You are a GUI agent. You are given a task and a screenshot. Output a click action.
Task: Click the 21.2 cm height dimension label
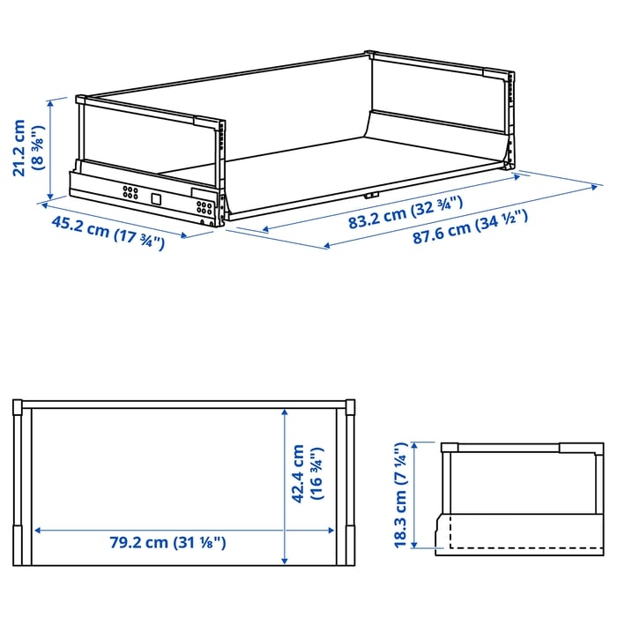[x=19, y=148]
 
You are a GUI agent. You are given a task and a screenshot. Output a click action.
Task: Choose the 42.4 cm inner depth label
[x=298, y=473]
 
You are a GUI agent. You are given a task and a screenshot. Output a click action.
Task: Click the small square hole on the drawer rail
[x=156, y=198]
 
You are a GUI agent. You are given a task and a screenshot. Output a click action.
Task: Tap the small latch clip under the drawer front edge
[x=371, y=195]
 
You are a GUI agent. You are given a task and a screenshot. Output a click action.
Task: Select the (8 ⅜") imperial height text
[x=40, y=148]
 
